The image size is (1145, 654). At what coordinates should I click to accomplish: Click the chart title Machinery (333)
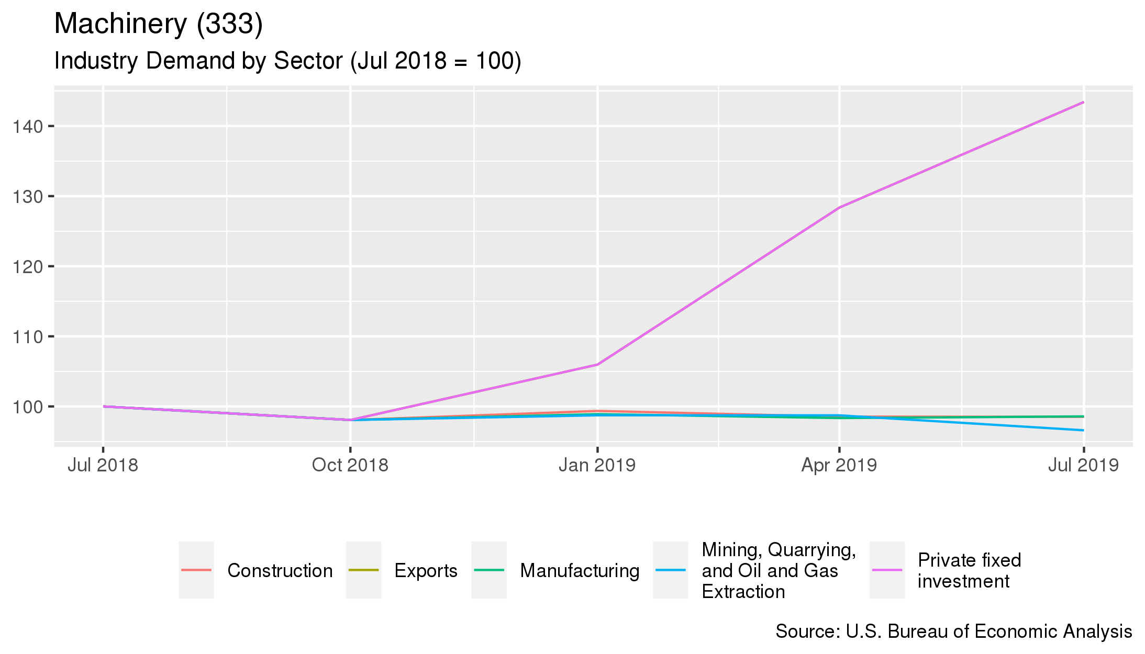[158, 24]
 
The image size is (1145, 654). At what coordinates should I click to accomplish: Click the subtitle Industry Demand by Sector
[287, 61]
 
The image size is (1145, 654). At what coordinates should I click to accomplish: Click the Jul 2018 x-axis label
[103, 465]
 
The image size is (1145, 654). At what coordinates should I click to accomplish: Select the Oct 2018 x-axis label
[350, 465]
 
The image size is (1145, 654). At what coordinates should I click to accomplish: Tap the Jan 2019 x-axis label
[597, 465]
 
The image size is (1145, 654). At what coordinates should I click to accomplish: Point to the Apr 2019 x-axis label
[839, 465]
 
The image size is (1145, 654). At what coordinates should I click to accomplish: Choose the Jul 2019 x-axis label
[1083, 465]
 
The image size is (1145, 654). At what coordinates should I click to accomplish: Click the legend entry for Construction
[280, 570]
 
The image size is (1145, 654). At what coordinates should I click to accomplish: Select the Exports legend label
[426, 570]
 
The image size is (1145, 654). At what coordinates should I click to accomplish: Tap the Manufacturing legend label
[580, 570]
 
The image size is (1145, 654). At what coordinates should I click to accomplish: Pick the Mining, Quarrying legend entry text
[779, 570]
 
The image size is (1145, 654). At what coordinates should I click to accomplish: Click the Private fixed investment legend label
[969, 570]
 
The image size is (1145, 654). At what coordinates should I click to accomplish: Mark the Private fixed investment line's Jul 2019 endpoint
[1083, 103]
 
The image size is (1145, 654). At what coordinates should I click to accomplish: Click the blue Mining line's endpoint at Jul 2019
[1083, 430]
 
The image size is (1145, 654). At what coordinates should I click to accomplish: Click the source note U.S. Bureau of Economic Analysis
[953, 632]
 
